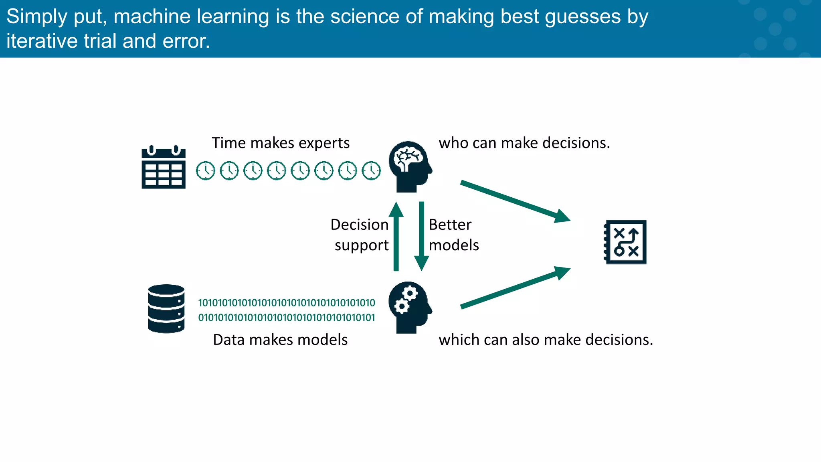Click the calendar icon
(164, 167)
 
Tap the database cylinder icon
(166, 308)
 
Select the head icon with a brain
(410, 166)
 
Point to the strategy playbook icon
(625, 242)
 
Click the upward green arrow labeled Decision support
(396, 237)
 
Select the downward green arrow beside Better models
(421, 237)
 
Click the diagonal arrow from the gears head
(515, 288)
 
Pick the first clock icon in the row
(206, 171)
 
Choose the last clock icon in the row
(371, 171)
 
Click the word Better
(450, 225)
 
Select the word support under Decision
(362, 245)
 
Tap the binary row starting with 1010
(287, 303)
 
